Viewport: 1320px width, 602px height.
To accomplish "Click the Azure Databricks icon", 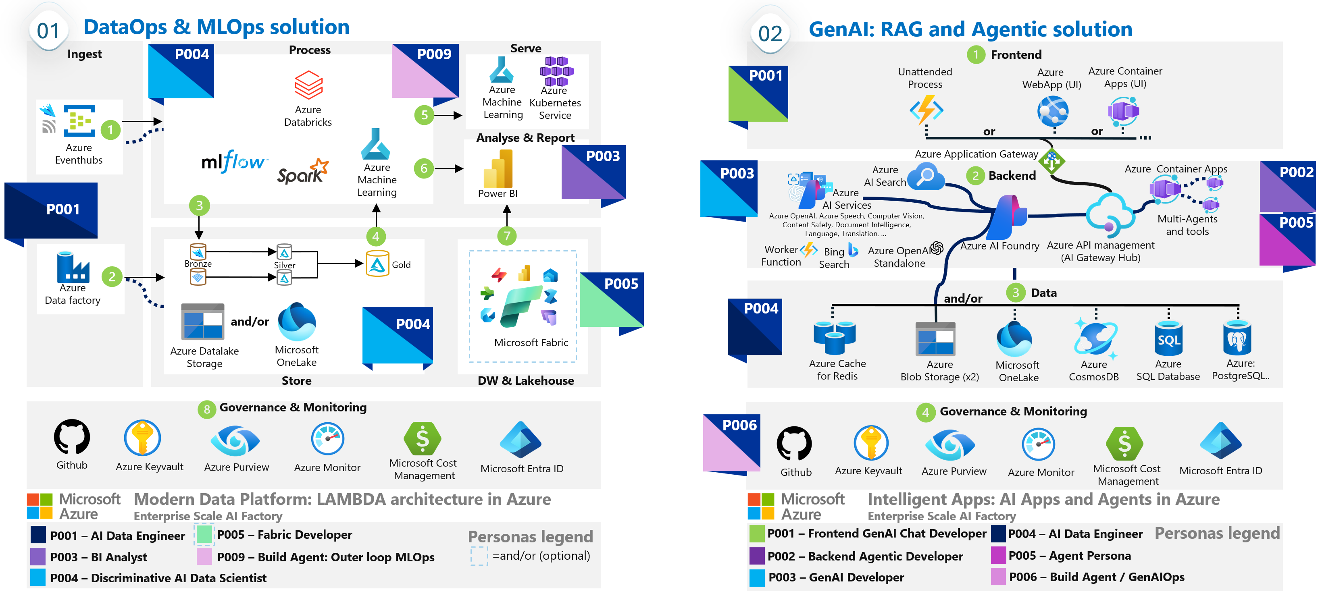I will tap(308, 85).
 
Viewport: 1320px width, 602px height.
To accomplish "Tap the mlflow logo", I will tap(234, 162).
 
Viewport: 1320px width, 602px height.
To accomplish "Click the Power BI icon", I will tap(498, 169).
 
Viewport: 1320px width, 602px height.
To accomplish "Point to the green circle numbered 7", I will tap(507, 236).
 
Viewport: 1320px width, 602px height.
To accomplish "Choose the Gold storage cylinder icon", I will tap(378, 264).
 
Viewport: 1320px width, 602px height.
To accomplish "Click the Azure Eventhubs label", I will tap(79, 154).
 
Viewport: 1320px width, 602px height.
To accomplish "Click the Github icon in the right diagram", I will tap(794, 444).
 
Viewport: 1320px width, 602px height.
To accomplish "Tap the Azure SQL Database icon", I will tap(1168, 338).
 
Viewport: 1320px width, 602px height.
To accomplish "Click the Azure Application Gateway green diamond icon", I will tap(1051, 161).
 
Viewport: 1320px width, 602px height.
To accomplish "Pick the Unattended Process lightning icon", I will tap(926, 110).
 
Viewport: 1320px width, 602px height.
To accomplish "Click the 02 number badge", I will tap(770, 34).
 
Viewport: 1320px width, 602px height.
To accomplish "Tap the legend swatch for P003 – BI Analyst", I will tap(38, 556).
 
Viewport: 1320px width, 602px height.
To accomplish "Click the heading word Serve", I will tap(526, 48).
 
